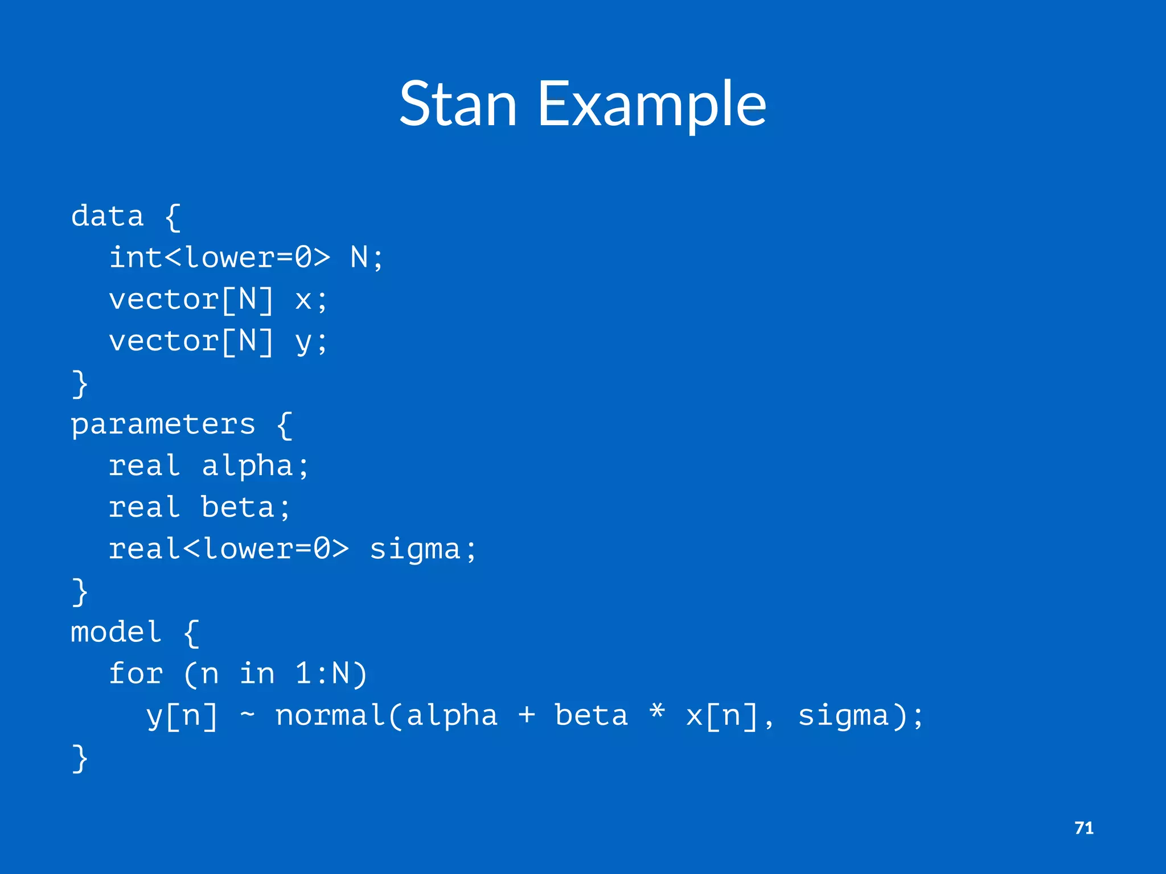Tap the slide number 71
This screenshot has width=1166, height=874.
click(x=1083, y=828)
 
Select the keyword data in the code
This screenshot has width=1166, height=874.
click(x=107, y=216)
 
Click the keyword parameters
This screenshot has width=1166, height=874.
click(x=163, y=424)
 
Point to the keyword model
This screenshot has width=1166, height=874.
click(x=116, y=632)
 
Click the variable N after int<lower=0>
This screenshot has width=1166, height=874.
click(x=359, y=258)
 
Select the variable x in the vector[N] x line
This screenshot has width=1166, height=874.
click(x=303, y=300)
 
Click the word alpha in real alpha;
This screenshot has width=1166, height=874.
click(x=247, y=466)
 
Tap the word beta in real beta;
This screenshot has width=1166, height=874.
click(x=238, y=508)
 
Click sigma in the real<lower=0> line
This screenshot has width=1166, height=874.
click(x=415, y=550)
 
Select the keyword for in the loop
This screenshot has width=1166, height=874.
click(x=136, y=674)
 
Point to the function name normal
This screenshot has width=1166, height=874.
click(x=331, y=715)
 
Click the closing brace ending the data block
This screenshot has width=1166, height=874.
click(x=80, y=384)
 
